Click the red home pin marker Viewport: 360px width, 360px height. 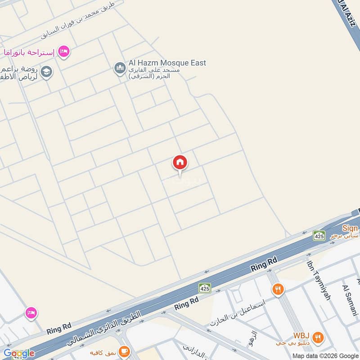(180, 163)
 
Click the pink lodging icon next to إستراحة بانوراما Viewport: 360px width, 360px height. (64, 52)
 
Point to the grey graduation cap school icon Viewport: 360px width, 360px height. (46, 72)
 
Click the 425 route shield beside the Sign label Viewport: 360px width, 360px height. (319, 235)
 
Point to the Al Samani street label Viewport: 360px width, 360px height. (349, 301)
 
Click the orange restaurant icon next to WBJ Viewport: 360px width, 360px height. (318, 337)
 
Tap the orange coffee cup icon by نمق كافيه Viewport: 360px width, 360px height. (125, 351)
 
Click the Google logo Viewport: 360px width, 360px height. (19, 353)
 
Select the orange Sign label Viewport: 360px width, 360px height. (350, 228)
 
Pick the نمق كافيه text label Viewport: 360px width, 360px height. (103, 351)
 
